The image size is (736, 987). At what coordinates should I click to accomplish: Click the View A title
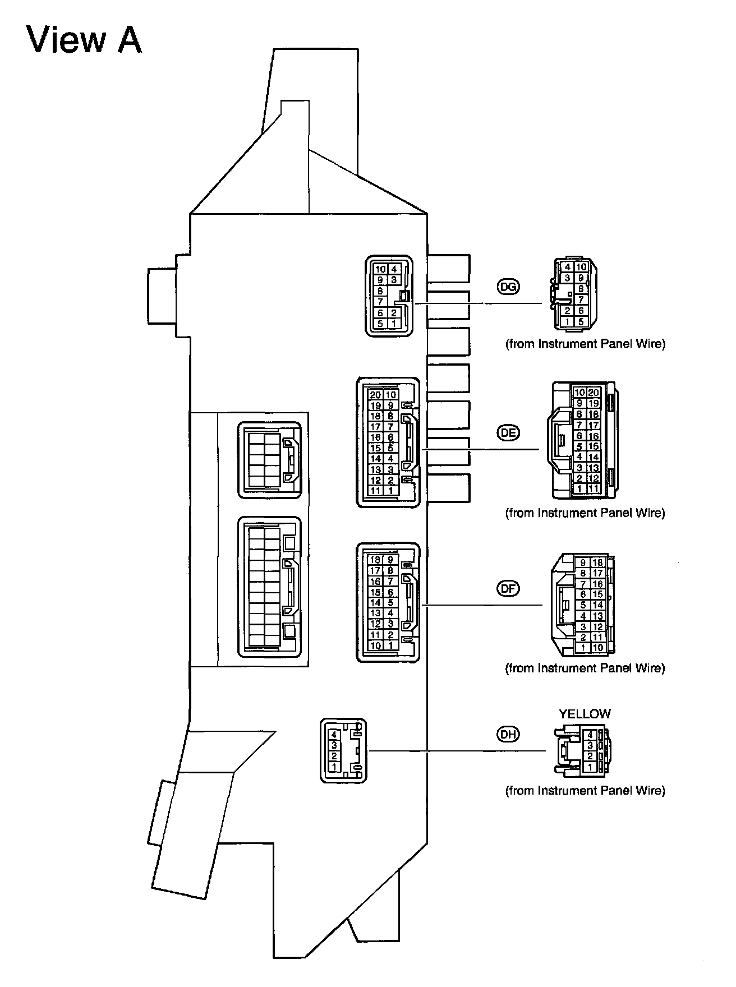click(x=84, y=40)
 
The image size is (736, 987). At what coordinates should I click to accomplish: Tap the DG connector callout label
click(x=508, y=287)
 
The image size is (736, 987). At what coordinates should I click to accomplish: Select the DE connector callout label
click(x=508, y=432)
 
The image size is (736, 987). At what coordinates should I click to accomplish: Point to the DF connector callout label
click(x=508, y=588)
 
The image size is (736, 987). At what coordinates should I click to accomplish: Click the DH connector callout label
click(x=508, y=734)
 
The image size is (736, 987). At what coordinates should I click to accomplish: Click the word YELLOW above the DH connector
click(x=584, y=714)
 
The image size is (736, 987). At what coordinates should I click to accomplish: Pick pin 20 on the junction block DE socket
click(x=375, y=395)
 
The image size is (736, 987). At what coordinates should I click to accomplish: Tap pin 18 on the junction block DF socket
click(x=375, y=560)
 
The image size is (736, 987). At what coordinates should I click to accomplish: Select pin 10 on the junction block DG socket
click(x=380, y=269)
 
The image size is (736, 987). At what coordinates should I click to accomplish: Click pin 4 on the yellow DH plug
click(x=590, y=735)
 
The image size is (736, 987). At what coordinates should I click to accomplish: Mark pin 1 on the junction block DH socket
click(x=334, y=766)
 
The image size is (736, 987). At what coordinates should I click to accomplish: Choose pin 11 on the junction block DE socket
click(x=375, y=491)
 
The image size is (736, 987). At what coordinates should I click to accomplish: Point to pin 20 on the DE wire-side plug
click(x=593, y=393)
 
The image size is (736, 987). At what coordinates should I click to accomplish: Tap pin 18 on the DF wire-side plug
click(x=597, y=562)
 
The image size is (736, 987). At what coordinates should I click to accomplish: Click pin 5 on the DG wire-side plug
click(x=581, y=321)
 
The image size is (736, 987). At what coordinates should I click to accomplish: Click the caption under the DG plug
click(x=585, y=344)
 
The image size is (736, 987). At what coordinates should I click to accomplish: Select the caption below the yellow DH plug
click(x=585, y=791)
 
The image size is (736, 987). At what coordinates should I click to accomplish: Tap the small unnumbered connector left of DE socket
click(x=270, y=460)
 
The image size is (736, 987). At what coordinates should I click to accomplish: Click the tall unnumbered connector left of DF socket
click(x=270, y=586)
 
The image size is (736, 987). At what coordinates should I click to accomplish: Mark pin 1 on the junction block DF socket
click(x=390, y=645)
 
